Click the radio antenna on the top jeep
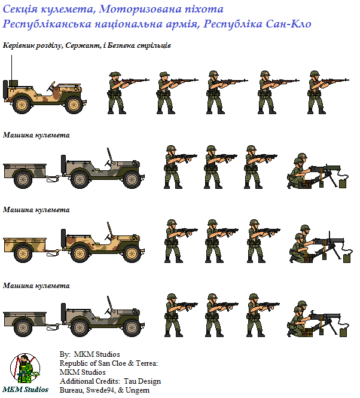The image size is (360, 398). tap(11, 68)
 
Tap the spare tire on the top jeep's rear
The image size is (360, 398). tap(5, 90)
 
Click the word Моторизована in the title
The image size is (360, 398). tap(140, 9)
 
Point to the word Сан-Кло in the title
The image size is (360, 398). tap(289, 24)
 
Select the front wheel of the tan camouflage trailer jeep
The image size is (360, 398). tap(132, 253)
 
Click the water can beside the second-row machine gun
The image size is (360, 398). tap(343, 184)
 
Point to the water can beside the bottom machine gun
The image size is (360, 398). tap(343, 332)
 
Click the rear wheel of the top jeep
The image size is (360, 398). tap(22, 105)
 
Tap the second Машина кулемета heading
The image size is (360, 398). tap(36, 210)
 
